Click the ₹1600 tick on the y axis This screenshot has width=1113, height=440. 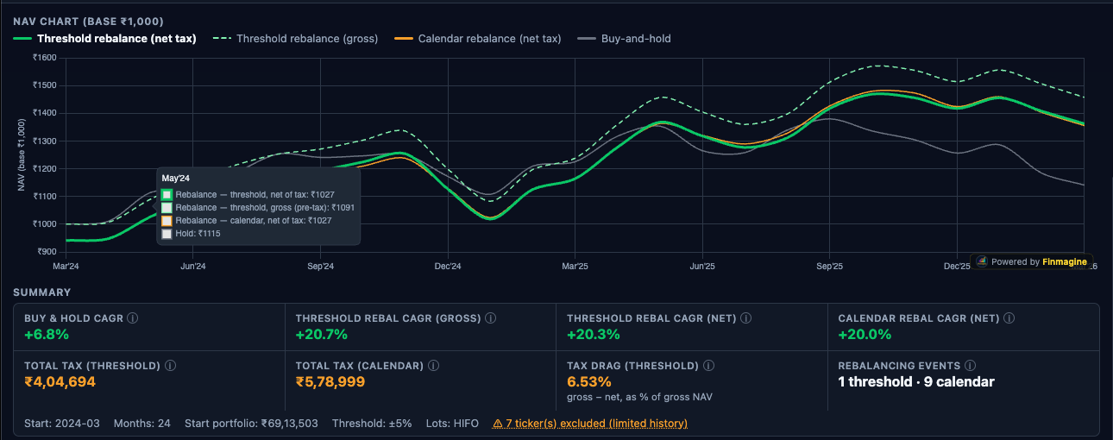[x=44, y=58]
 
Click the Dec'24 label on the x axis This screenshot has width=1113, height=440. [x=447, y=267]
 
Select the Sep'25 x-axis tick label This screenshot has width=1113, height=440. [x=829, y=267]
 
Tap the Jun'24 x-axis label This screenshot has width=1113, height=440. [x=192, y=267]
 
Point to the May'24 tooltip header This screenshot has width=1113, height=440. [x=176, y=178]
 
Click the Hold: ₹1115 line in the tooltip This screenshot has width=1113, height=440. [x=198, y=234]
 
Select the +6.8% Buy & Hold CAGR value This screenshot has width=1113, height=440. [x=47, y=335]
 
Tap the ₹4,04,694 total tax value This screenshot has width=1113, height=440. [x=60, y=381]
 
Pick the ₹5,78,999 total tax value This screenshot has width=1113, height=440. [x=330, y=381]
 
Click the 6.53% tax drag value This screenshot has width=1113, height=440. [x=589, y=381]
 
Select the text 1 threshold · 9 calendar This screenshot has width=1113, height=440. [x=916, y=381]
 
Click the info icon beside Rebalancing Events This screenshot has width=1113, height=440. [x=971, y=366]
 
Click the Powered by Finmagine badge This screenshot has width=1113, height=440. [x=1032, y=261]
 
